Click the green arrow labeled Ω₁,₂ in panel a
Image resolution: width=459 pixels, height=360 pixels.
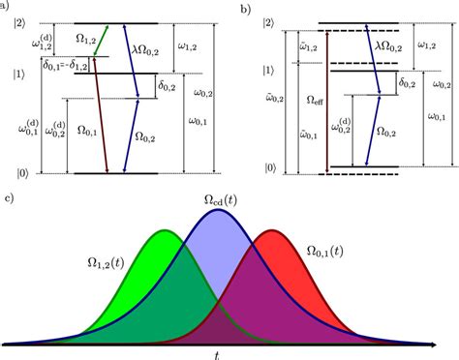point(100,40)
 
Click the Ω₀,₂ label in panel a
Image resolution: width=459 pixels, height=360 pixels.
point(143,135)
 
